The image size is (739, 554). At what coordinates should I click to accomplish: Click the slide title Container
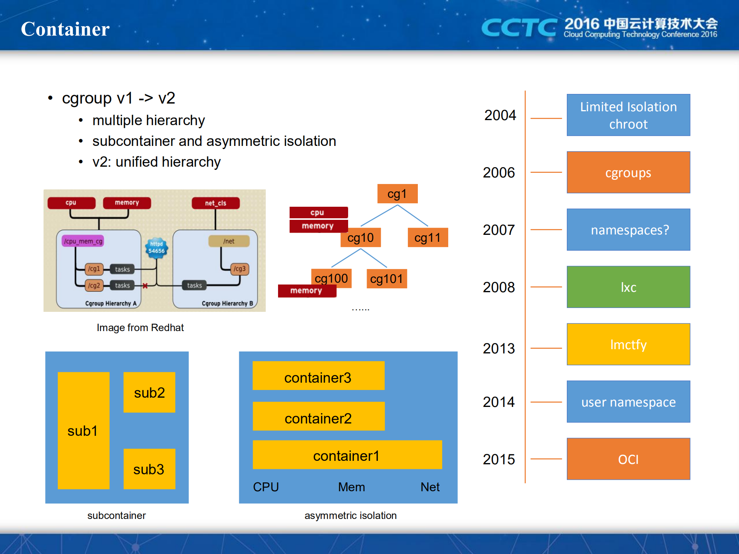(x=65, y=29)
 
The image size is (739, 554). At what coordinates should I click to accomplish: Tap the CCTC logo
(x=519, y=28)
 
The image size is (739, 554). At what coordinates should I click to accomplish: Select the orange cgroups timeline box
(x=628, y=172)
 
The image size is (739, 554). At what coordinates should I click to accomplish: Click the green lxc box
(x=628, y=287)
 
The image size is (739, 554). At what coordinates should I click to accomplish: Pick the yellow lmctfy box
(x=628, y=345)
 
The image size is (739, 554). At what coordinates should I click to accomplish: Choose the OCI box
(x=628, y=459)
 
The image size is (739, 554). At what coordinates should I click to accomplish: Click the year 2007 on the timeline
(x=499, y=230)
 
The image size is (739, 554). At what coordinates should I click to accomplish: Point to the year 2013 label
(x=499, y=348)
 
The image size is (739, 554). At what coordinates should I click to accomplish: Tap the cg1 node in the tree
(x=397, y=194)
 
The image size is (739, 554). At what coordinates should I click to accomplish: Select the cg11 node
(x=427, y=238)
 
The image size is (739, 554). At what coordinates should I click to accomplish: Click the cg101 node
(x=386, y=278)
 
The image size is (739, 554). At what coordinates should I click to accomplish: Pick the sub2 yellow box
(x=149, y=392)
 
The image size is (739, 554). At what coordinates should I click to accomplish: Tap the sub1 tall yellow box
(x=83, y=430)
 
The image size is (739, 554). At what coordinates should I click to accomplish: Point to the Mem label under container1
(x=351, y=487)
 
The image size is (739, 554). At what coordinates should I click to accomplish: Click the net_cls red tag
(x=216, y=203)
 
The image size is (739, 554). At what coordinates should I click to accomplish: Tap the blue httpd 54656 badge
(x=156, y=248)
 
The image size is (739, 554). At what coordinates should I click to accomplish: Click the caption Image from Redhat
(x=140, y=328)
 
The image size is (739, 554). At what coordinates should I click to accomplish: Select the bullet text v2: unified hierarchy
(x=156, y=162)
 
